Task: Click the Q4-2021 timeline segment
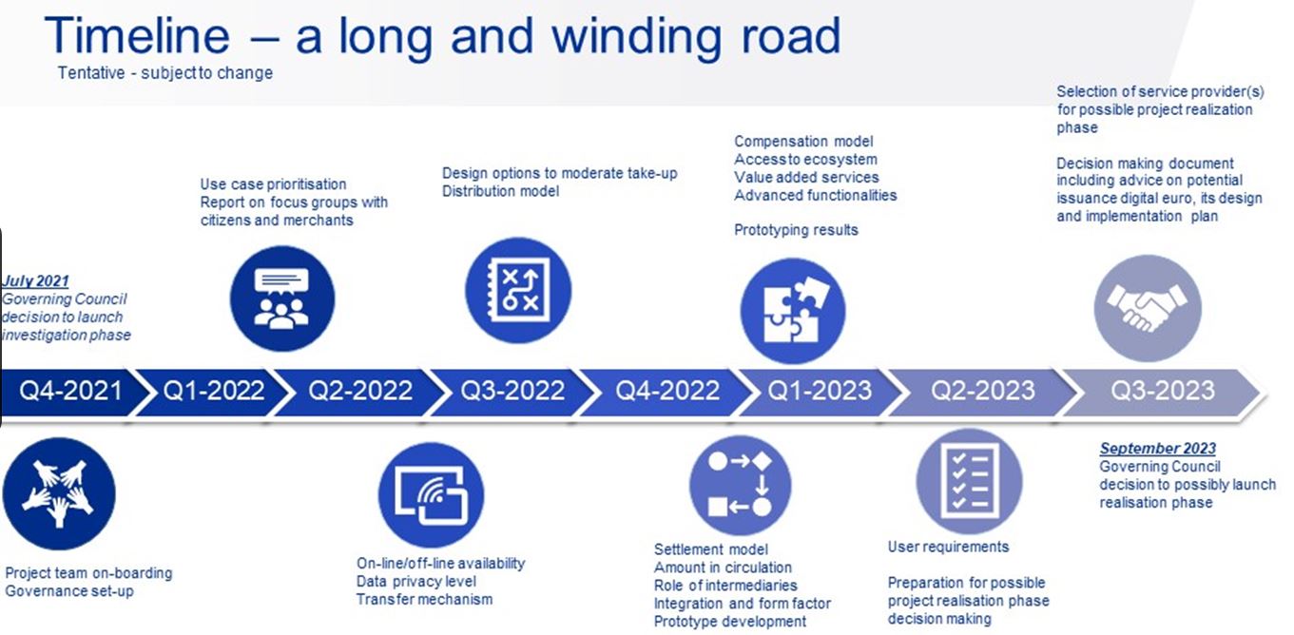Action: [70, 391]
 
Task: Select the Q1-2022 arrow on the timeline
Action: [214, 391]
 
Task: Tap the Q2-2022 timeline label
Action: [360, 391]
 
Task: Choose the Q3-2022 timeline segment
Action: [512, 391]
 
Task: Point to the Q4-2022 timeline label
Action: [667, 391]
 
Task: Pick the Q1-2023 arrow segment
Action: [820, 391]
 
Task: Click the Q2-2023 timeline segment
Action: [982, 391]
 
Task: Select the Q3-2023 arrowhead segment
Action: [1163, 391]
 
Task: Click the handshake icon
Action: [1148, 309]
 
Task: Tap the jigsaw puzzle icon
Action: [793, 311]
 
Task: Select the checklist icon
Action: [970, 482]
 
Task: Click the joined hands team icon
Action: [59, 494]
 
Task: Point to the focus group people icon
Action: [282, 298]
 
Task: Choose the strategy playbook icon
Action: [518, 291]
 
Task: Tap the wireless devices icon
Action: [431, 495]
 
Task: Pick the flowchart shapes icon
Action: [741, 485]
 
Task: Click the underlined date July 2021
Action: [35, 280]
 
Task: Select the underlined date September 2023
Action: [1158, 449]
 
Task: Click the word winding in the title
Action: [638, 36]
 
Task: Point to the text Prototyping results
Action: [796, 230]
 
